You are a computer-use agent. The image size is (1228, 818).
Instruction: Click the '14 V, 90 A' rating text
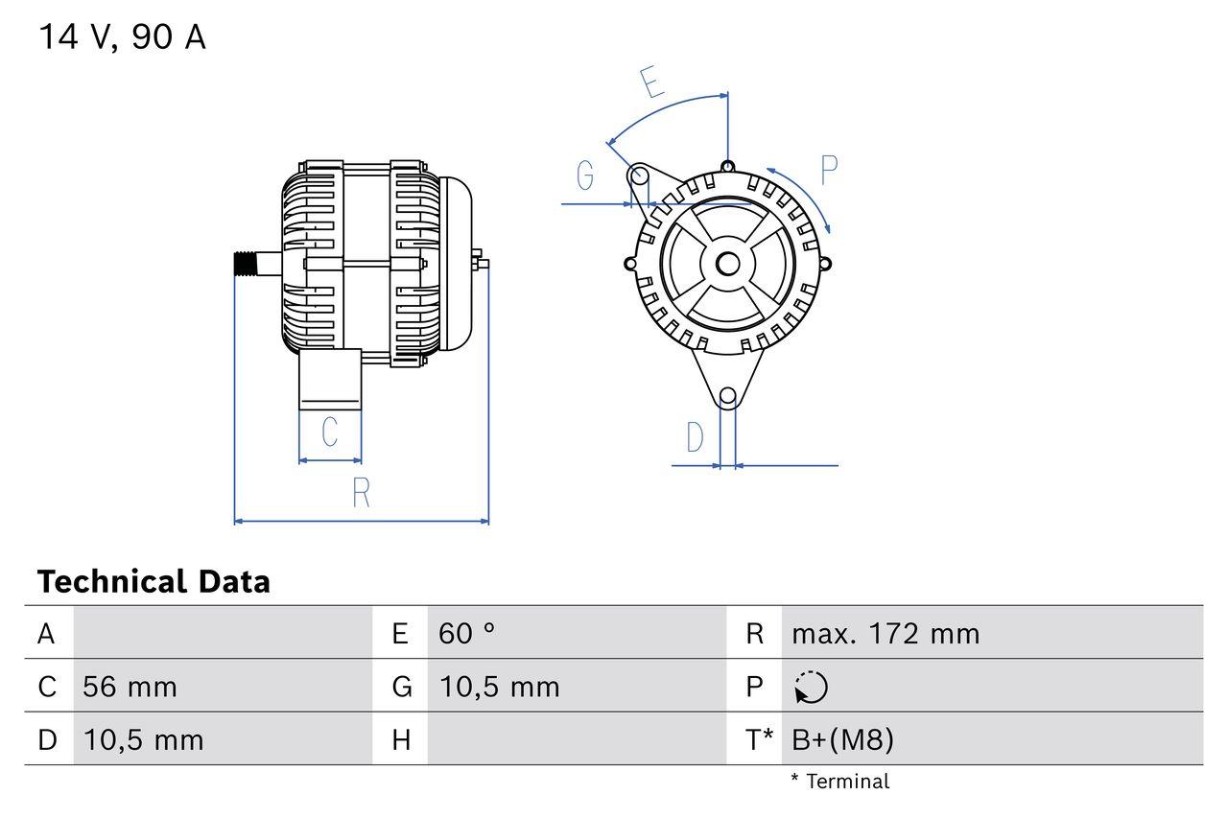pyautogui.click(x=122, y=37)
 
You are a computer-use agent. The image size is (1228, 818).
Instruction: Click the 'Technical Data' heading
pyautogui.click(x=153, y=581)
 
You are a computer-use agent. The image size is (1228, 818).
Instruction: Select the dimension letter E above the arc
pyautogui.click(x=652, y=82)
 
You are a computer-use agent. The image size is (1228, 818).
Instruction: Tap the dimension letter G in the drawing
pyautogui.click(x=584, y=175)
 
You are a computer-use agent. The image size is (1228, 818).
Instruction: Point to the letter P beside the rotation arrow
pyautogui.click(x=829, y=170)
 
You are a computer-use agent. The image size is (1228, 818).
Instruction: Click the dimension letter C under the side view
pyautogui.click(x=329, y=432)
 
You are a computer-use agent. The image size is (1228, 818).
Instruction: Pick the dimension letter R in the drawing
pyautogui.click(x=361, y=492)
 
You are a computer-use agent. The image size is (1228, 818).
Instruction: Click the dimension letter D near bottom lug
pyautogui.click(x=696, y=438)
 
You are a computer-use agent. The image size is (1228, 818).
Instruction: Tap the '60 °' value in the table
pyautogui.click(x=467, y=633)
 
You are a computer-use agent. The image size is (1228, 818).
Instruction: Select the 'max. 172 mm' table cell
pyautogui.click(x=886, y=633)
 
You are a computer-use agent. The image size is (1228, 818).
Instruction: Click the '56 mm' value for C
pyautogui.click(x=130, y=687)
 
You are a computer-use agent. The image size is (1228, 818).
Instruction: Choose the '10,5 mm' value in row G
pyautogui.click(x=499, y=687)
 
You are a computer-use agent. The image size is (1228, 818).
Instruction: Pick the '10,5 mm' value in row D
pyautogui.click(x=143, y=739)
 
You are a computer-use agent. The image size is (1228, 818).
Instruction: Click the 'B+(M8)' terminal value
pyautogui.click(x=842, y=739)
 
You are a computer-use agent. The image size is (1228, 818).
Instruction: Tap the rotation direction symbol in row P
pyautogui.click(x=811, y=687)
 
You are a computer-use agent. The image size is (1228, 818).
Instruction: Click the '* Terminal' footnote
pyautogui.click(x=839, y=781)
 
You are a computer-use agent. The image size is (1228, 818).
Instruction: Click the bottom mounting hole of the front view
pyautogui.click(x=727, y=395)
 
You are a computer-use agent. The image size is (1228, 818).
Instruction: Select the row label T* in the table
pyautogui.click(x=760, y=739)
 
